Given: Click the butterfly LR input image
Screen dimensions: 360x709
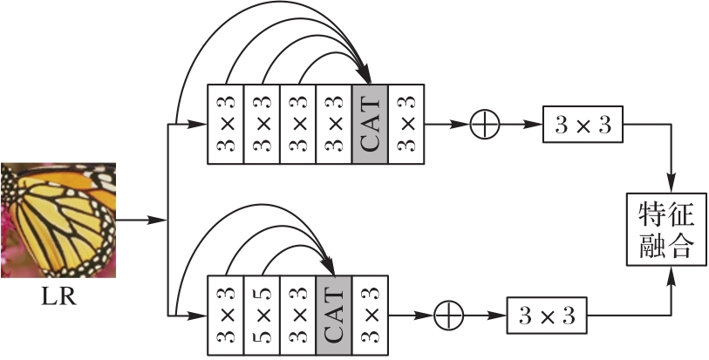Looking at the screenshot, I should point(58,219).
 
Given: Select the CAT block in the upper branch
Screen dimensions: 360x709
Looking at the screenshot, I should point(370,124).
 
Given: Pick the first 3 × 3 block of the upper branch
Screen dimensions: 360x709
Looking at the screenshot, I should point(226,124).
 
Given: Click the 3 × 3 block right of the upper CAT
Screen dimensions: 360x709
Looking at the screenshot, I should point(406,124).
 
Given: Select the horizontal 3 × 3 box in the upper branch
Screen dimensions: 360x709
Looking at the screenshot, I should point(583,125).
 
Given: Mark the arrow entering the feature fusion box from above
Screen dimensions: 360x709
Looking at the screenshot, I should point(672,179).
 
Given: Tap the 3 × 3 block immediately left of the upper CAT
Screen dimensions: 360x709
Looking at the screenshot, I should point(334,124).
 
